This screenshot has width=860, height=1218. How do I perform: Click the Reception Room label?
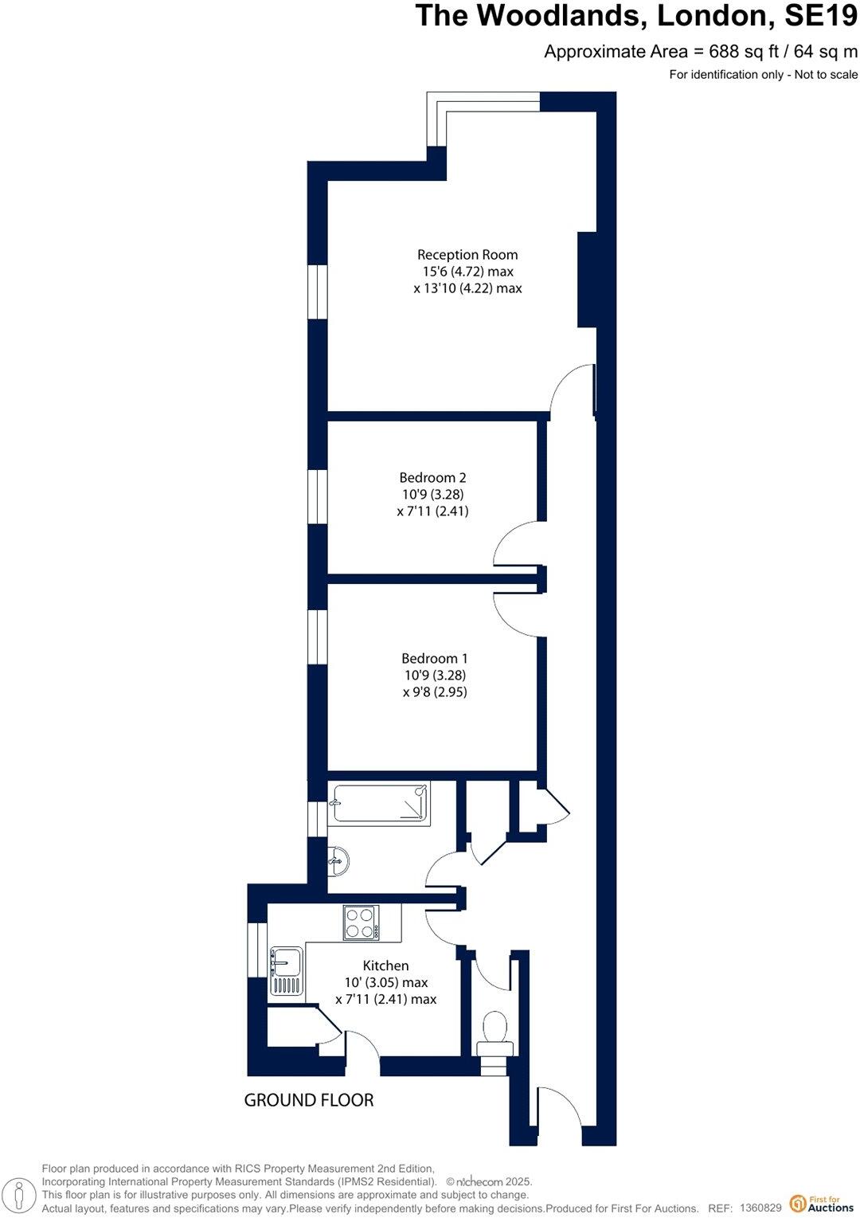pyautogui.click(x=467, y=255)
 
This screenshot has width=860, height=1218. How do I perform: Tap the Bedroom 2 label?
pyautogui.click(x=432, y=478)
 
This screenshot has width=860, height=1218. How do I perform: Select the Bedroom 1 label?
pyautogui.click(x=434, y=659)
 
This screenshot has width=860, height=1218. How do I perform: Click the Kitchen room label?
pyautogui.click(x=385, y=965)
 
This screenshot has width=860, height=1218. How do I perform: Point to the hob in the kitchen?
pyautogui.click(x=360, y=922)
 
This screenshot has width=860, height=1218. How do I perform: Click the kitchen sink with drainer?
pyautogui.click(x=286, y=970)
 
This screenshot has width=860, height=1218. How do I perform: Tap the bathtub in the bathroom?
pyautogui.click(x=381, y=803)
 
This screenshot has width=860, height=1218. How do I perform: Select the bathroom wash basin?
pyautogui.click(x=338, y=860)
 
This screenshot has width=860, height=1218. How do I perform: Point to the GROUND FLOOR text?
pyautogui.click(x=308, y=1100)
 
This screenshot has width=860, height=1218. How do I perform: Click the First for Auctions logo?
pyautogui.click(x=820, y=1204)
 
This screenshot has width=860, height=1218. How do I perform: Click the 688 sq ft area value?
pyautogui.click(x=742, y=52)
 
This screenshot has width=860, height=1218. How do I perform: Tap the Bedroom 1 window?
pyautogui.click(x=318, y=637)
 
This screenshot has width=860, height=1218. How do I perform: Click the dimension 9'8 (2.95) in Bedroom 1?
pyautogui.click(x=435, y=692)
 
